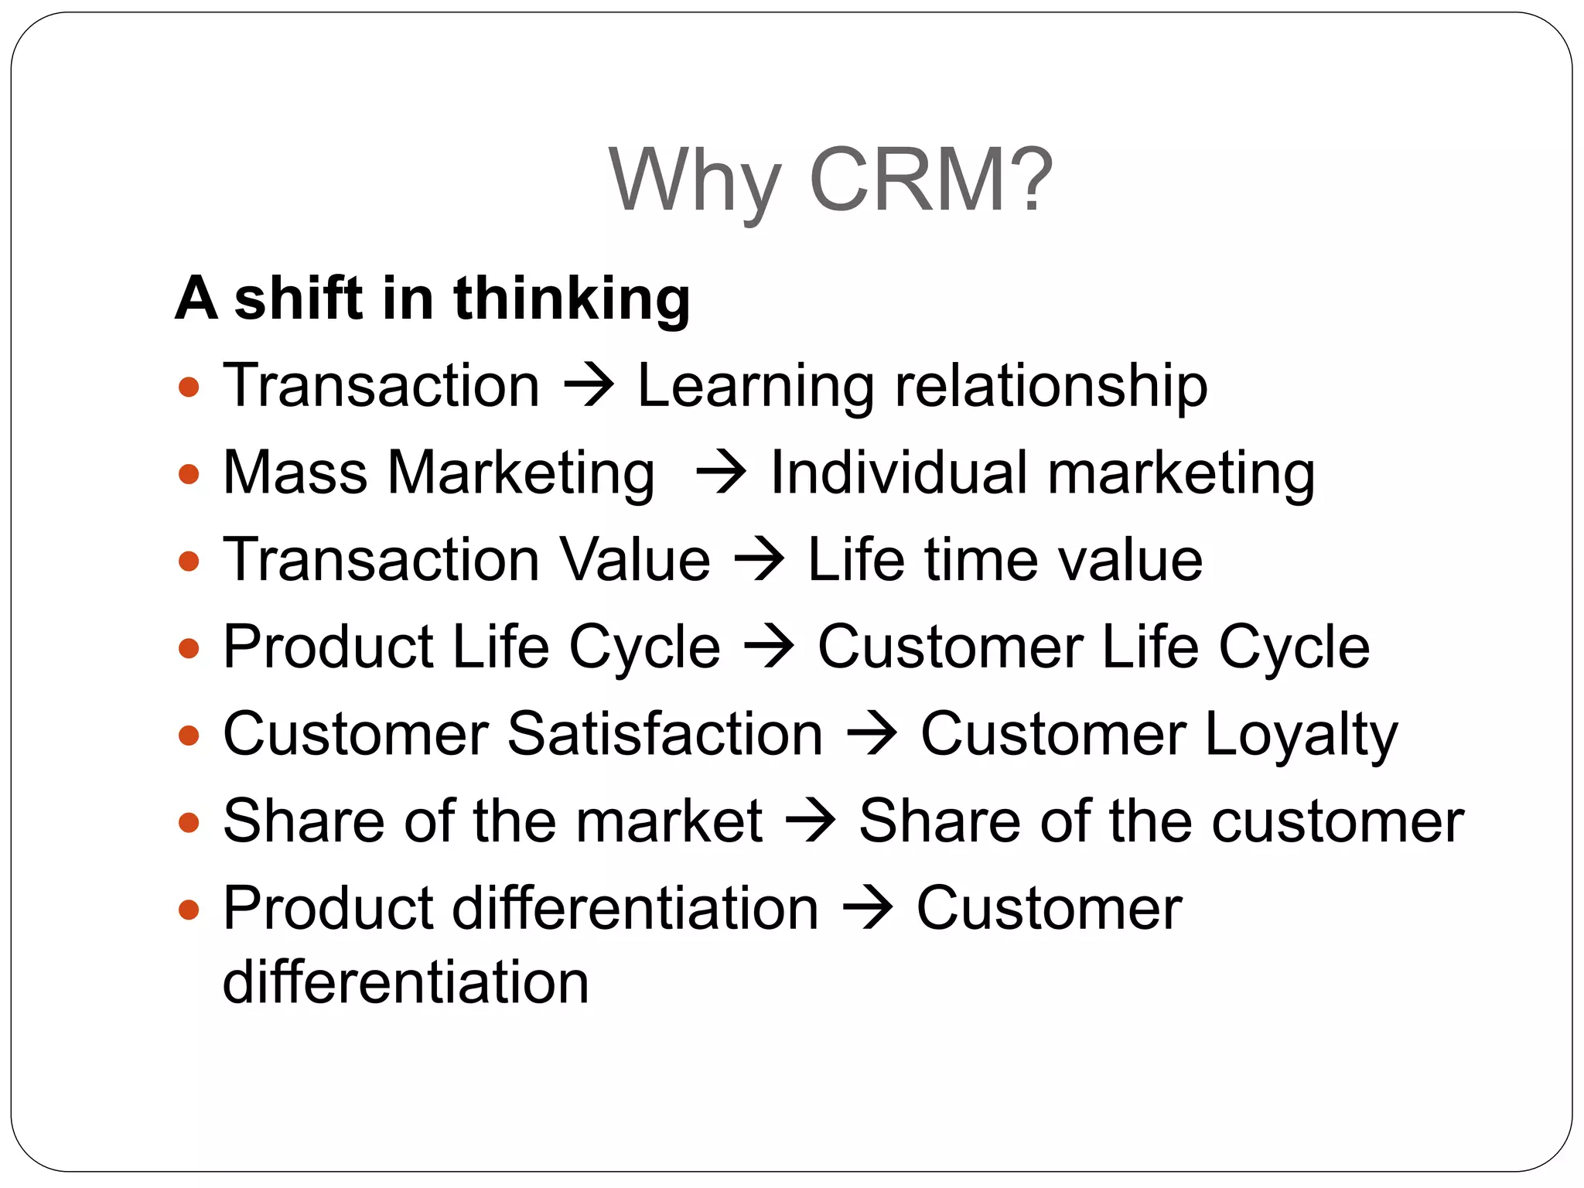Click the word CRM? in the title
coord(930,179)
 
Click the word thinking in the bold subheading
coord(572,299)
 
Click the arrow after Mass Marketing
coord(720,473)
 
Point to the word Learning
coord(755,386)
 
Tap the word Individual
coord(899,473)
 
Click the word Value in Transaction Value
coord(633,559)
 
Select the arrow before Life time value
coord(759,559)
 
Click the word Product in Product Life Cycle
coord(328,647)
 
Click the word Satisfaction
coord(665,734)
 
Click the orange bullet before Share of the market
coord(189,821)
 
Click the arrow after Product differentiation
coord(867,908)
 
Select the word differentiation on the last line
coord(405,982)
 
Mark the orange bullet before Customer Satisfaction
coord(189,734)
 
